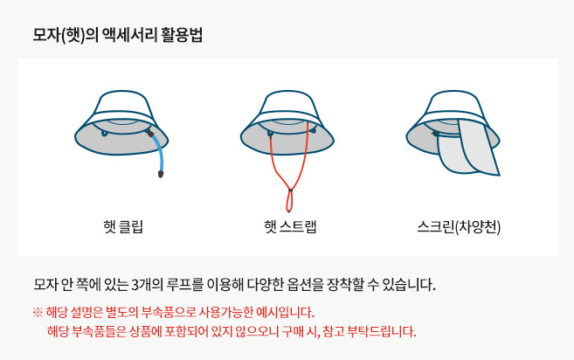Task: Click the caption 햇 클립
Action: pyautogui.click(x=123, y=226)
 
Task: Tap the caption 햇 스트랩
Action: pyautogui.click(x=290, y=226)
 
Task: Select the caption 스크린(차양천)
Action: pyautogui.click(x=459, y=226)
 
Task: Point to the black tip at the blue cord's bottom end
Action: pyautogui.click(x=161, y=174)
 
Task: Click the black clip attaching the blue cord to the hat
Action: pyautogui.click(x=150, y=134)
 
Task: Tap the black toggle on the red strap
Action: pyautogui.click(x=290, y=190)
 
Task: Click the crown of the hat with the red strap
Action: pyautogui.click(x=287, y=104)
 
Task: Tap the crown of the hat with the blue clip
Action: pyautogui.click(x=122, y=104)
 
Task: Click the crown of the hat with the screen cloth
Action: pyautogui.click(x=453, y=104)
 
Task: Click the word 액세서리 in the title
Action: pyautogui.click(x=130, y=36)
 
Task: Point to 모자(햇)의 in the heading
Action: pyautogui.click(x=66, y=36)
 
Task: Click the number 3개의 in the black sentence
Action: pyautogui.click(x=148, y=285)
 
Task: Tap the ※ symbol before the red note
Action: pyautogui.click(x=38, y=313)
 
